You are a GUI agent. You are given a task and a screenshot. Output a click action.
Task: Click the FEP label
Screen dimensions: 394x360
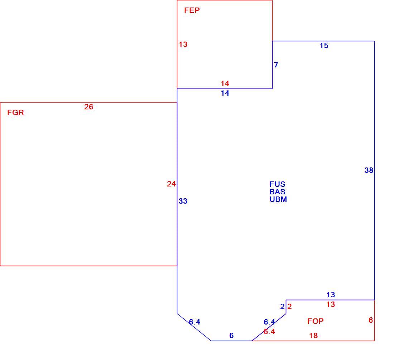coord(192,10)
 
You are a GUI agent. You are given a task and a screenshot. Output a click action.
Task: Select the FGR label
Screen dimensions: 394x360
coord(15,113)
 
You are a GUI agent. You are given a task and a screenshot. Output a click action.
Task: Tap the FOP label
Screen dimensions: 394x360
coord(315,321)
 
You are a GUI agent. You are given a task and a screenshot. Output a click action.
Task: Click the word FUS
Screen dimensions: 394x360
coord(277,184)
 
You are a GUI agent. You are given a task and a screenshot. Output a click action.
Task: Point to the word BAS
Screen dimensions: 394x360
coord(277,192)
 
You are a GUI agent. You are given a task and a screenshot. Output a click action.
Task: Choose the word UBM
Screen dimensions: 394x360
coord(278,199)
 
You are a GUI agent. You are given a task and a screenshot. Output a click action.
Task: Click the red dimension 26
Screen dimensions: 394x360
coord(89,107)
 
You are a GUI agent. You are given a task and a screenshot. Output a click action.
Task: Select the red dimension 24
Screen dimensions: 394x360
coord(171,184)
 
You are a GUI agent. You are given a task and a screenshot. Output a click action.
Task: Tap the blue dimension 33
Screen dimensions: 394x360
coord(183,201)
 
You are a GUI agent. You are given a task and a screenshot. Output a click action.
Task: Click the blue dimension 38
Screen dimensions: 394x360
coord(369,170)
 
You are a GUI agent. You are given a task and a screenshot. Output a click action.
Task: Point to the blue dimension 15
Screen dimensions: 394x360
coord(324,46)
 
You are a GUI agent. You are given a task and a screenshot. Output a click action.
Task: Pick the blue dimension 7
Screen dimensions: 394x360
coord(276,65)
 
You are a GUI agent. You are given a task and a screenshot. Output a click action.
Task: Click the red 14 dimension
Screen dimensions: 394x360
coord(225,83)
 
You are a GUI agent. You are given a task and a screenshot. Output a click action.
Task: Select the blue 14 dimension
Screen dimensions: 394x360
coord(225,93)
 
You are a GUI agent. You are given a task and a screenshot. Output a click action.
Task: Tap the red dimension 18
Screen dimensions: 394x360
coord(314,336)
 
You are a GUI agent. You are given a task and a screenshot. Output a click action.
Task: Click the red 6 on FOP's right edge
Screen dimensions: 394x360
coord(371,320)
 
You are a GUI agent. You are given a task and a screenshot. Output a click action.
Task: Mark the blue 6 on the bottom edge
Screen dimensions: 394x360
coord(231,336)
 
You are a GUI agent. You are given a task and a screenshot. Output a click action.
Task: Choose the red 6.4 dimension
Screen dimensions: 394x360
coord(269,332)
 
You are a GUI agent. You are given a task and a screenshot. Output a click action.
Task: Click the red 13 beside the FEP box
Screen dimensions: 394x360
coord(183,44)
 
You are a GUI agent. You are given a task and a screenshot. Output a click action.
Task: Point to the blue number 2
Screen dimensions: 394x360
coord(283,307)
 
